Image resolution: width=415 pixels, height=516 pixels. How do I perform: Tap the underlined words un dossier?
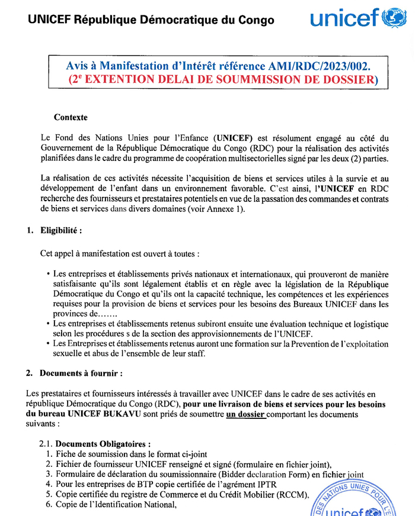(245, 414)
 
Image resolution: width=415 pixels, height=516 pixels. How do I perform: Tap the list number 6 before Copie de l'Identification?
(49, 505)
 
